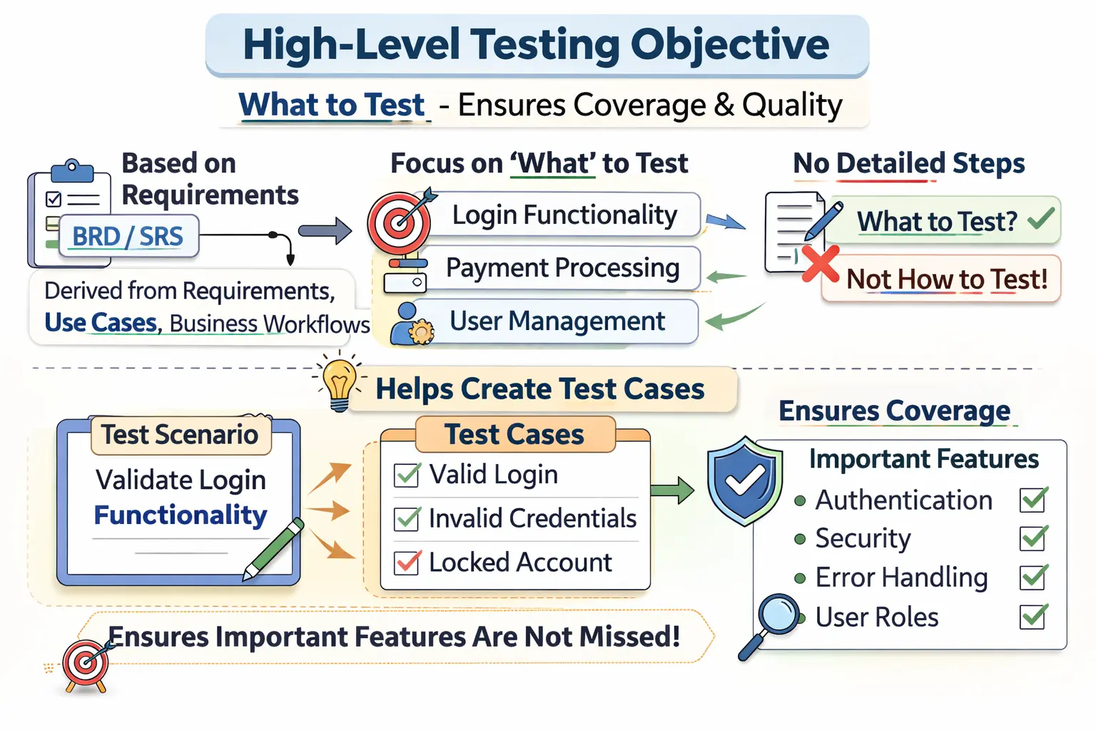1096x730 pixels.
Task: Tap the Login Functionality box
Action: click(564, 215)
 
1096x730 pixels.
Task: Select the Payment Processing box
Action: click(562, 268)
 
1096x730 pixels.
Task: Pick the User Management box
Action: click(557, 322)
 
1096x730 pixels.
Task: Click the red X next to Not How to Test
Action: click(820, 263)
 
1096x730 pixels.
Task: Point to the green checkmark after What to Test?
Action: click(1041, 218)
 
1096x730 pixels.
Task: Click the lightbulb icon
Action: click(339, 383)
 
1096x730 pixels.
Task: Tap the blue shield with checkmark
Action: click(744, 481)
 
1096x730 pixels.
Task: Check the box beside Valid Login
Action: click(407, 475)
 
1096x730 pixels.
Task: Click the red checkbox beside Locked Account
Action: click(407, 562)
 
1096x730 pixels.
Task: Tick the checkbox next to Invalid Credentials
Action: click(407, 518)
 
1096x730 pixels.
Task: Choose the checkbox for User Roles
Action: click(1033, 616)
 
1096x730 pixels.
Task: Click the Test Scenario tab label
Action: click(180, 434)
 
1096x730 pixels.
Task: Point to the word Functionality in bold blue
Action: click(181, 515)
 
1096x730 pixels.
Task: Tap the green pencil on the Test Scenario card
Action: click(274, 549)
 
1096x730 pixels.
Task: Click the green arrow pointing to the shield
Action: click(672, 490)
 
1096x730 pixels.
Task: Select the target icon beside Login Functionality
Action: click(400, 222)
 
